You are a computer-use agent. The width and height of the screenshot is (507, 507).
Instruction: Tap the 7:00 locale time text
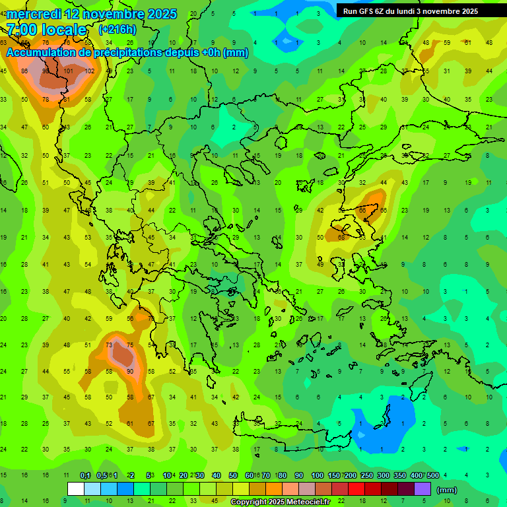46,30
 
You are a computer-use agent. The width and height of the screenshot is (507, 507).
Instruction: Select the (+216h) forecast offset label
118,30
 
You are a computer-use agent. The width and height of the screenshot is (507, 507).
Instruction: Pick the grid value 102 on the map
90,71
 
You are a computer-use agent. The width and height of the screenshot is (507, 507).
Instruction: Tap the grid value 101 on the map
69,71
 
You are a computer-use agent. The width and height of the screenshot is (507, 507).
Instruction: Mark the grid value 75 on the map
130,345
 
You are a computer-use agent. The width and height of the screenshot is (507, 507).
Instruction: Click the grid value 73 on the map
109,345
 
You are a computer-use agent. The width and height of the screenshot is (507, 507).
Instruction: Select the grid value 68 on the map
341,237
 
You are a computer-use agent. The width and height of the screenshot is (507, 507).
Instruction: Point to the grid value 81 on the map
67,100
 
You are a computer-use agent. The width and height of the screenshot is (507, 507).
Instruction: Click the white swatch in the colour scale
76,489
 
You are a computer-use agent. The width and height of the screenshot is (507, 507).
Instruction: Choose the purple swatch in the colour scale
422,489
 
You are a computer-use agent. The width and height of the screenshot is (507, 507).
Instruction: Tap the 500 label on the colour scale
432,476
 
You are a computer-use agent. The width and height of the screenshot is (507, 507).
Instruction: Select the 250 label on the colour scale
366,476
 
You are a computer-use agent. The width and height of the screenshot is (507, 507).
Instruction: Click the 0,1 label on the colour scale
85,476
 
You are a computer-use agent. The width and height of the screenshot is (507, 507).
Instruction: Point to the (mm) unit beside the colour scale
447,490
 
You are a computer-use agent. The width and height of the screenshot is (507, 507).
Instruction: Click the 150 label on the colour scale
333,476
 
